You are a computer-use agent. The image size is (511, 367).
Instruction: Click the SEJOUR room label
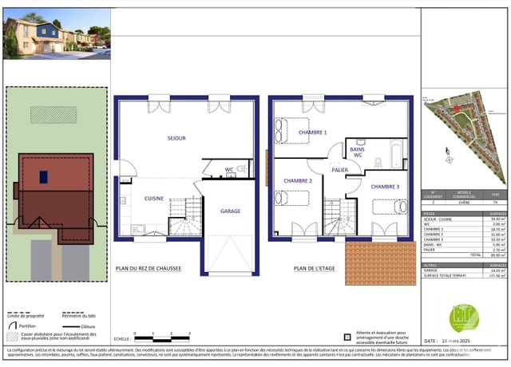tap(176, 138)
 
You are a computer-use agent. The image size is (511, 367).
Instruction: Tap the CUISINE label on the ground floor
tap(154, 198)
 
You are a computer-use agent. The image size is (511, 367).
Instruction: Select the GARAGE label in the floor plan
tap(231, 211)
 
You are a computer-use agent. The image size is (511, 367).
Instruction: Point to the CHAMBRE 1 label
tap(312, 132)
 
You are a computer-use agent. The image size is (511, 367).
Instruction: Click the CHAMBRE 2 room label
tap(298, 181)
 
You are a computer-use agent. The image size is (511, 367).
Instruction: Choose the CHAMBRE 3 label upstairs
tap(385, 187)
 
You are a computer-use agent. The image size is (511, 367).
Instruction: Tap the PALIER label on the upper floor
tap(340, 170)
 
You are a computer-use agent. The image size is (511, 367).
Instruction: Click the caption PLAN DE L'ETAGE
tap(315, 269)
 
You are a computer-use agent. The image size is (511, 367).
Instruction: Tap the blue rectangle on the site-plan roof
tap(43, 176)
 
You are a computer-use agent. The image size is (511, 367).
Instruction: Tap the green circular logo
tap(464, 317)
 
